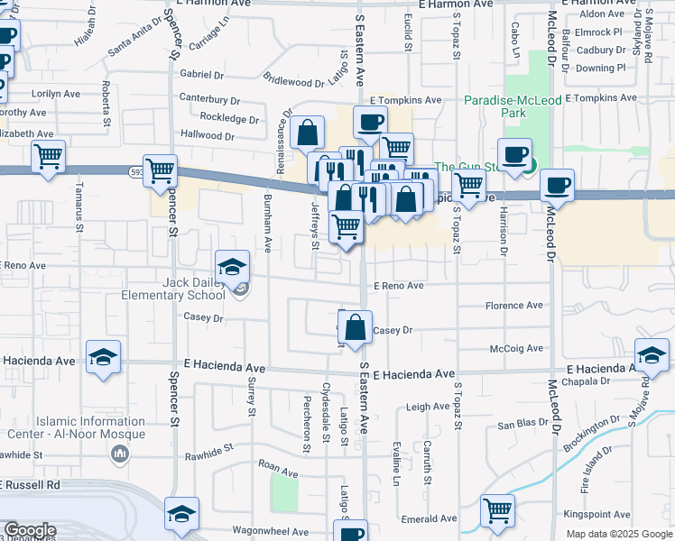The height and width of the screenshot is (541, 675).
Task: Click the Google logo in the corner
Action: (30, 530)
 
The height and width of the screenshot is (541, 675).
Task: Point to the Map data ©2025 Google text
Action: (618, 534)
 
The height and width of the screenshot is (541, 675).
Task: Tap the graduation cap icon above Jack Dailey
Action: (232, 267)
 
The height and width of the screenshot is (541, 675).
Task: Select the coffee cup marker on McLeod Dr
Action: (557, 186)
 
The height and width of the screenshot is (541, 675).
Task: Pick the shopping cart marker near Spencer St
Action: (161, 170)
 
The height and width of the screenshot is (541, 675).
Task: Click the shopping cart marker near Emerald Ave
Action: (497, 511)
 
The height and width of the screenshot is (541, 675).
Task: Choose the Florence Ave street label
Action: (514, 307)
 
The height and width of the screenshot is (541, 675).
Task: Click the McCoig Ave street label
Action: (516, 348)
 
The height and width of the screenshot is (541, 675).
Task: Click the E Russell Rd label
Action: (30, 485)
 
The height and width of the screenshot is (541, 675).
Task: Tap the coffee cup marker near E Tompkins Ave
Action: (369, 123)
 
